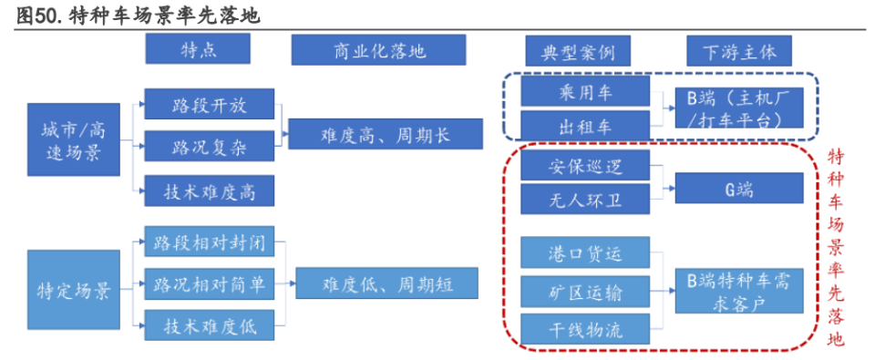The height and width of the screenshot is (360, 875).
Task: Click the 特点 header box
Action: tap(198, 52)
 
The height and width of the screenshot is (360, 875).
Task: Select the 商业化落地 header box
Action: tap(378, 52)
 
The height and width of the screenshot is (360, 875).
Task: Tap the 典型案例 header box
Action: tap(571, 52)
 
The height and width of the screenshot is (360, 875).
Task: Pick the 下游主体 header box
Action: tap(739, 52)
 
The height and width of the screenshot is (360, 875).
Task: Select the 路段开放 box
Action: tap(209, 102)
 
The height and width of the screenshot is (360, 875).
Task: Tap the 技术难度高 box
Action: tap(209, 191)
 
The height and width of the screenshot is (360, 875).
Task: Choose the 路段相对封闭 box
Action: tap(209, 243)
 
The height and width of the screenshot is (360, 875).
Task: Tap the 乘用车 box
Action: tap(584, 91)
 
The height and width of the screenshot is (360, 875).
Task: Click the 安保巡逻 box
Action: tap(584, 167)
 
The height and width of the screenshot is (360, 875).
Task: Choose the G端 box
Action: tap(739, 189)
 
